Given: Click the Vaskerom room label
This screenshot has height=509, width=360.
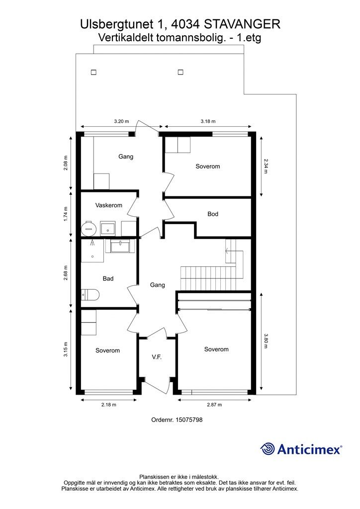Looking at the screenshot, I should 108,205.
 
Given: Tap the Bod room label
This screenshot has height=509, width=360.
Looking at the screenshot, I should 213,214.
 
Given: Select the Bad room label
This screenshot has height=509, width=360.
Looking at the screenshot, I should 108,279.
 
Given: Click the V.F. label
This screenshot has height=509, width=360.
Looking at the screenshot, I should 157,357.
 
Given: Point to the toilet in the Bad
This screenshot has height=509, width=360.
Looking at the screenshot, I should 90,295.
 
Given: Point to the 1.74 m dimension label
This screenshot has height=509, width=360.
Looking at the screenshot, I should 66,214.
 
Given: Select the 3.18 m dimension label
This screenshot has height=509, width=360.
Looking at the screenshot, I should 208,121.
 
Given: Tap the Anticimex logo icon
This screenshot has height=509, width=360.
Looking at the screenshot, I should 268,449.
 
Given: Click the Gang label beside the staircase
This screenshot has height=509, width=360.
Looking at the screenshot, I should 157,285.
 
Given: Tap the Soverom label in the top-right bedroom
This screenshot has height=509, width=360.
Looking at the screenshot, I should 207,167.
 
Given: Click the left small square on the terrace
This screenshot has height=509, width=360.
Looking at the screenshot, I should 93,72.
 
